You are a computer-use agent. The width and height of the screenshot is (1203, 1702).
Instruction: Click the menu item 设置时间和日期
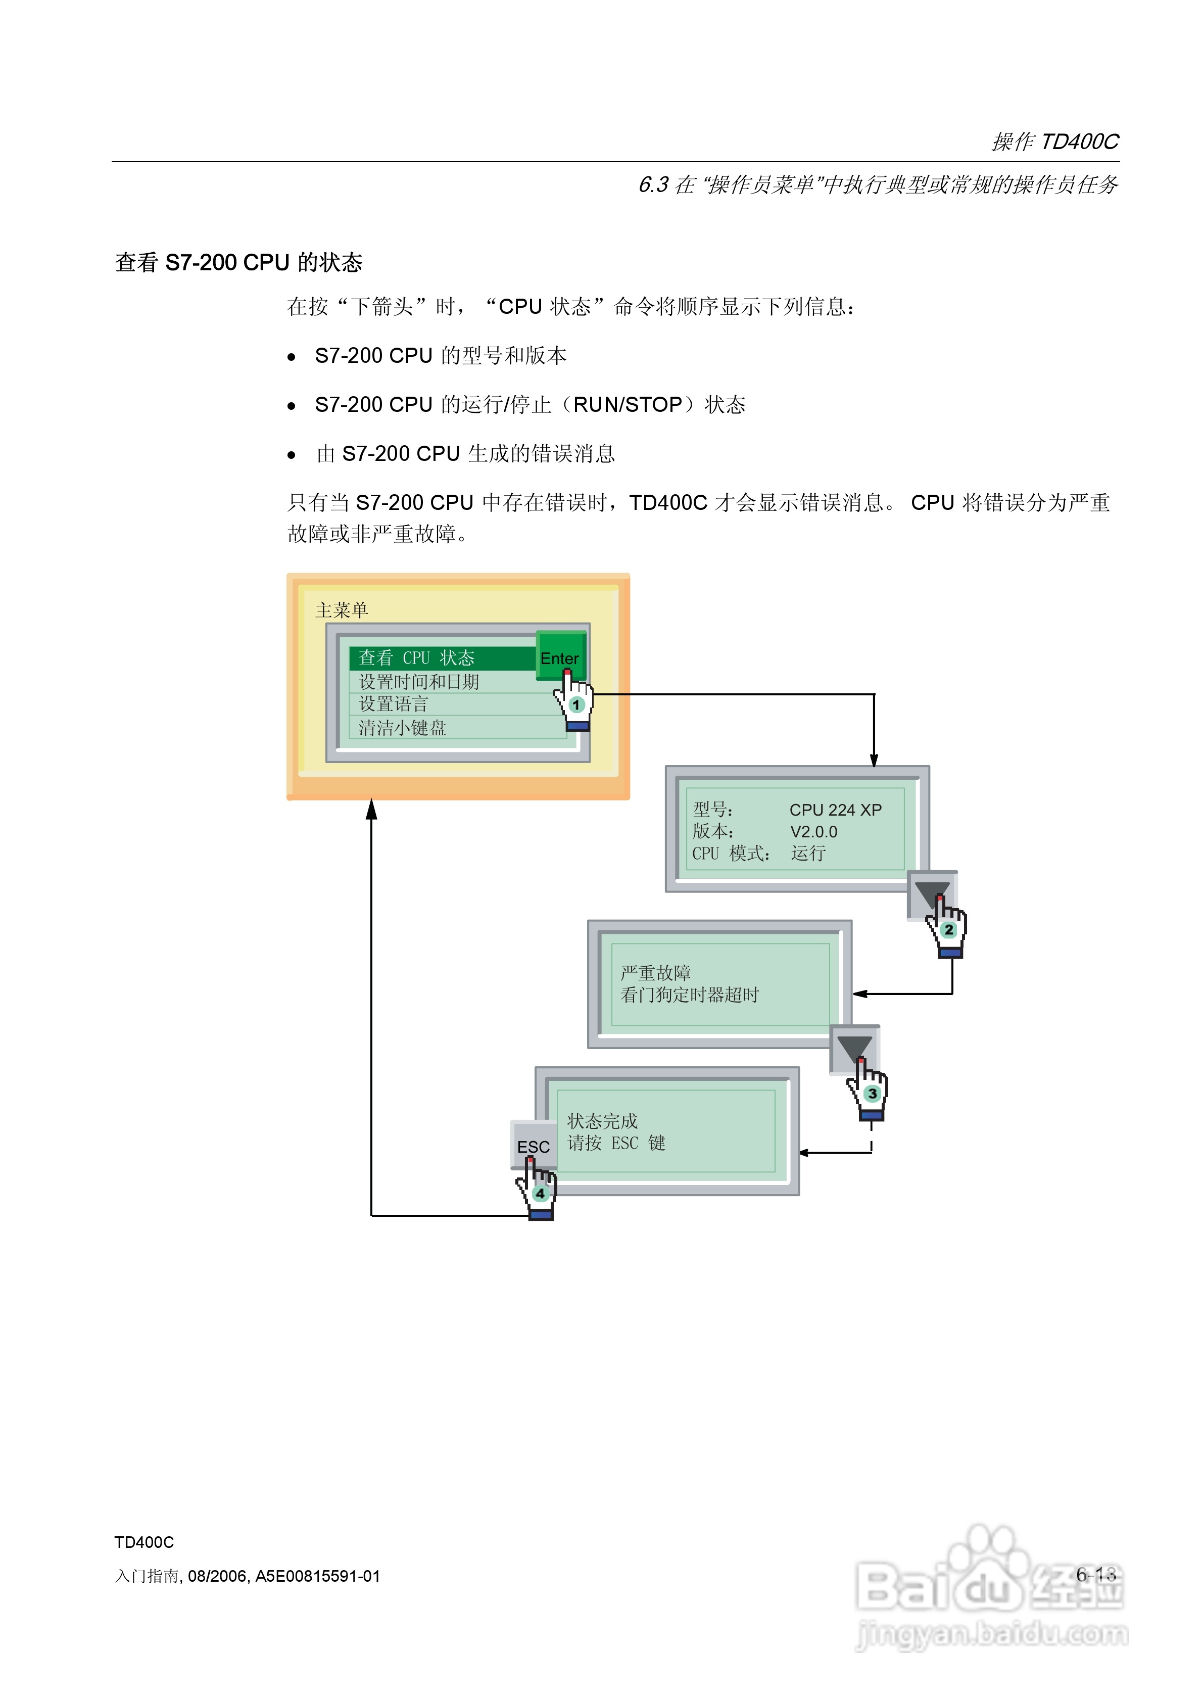[x=419, y=681]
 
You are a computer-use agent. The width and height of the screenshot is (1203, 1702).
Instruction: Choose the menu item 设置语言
[x=393, y=703]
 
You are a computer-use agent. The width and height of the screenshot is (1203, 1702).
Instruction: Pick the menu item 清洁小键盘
[x=403, y=727]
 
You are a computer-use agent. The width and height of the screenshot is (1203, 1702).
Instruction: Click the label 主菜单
[x=341, y=610]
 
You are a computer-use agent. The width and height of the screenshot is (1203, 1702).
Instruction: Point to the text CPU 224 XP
[x=835, y=810]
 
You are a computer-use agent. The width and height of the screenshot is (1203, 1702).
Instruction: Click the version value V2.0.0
[x=813, y=832]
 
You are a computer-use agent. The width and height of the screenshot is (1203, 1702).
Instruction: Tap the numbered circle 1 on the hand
[x=576, y=704]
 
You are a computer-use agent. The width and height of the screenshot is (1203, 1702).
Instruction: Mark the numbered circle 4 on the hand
[x=540, y=1193]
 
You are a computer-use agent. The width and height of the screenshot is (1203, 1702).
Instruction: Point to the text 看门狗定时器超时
[x=689, y=995]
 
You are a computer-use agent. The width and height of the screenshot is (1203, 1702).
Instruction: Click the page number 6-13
[x=1095, y=1574]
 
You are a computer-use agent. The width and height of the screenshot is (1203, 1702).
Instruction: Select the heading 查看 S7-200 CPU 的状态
[x=238, y=262]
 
